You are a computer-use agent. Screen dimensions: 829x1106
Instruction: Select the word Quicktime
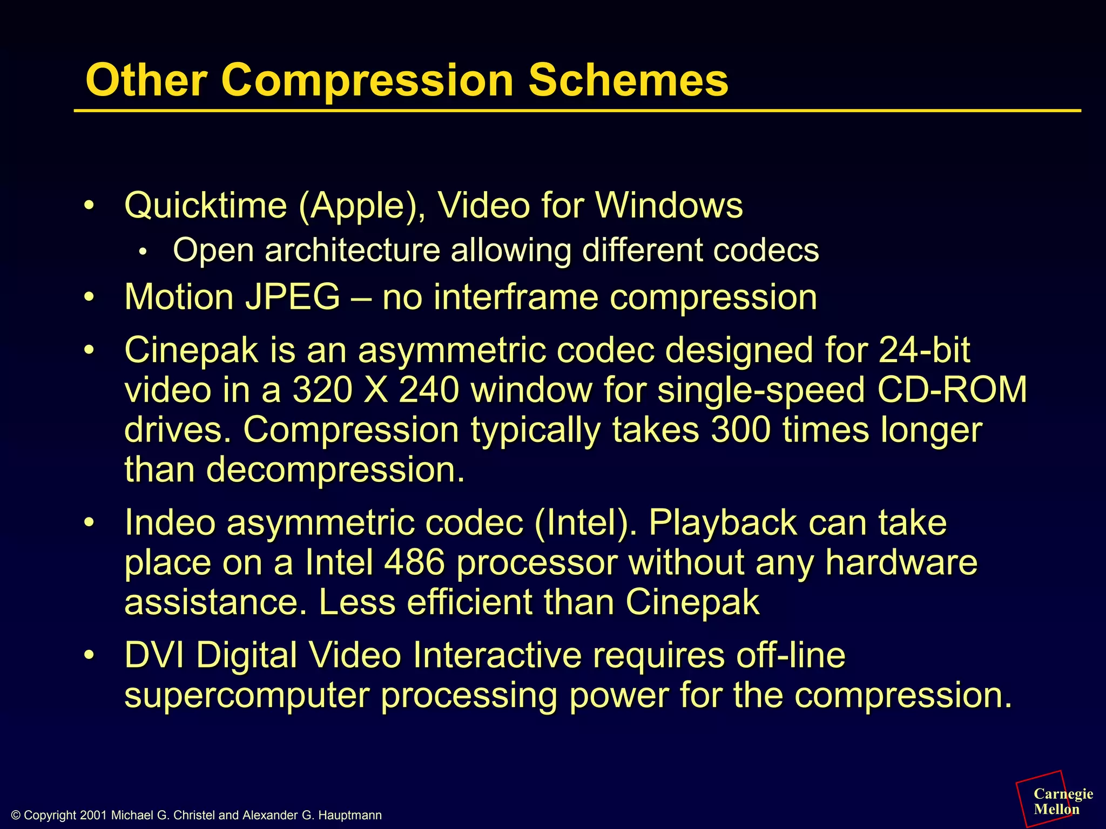[206, 206]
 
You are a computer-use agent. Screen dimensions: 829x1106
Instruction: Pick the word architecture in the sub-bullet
[352, 250]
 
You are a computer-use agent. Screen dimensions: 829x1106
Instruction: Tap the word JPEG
[293, 297]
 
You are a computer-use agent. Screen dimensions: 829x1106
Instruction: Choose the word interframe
[516, 297]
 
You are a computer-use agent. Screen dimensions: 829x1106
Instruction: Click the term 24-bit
[924, 350]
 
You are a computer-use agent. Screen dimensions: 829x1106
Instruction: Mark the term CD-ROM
[952, 390]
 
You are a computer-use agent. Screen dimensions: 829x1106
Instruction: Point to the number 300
[740, 430]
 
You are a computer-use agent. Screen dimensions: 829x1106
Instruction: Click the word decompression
[335, 470]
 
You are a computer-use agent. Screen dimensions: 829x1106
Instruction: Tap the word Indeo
[170, 522]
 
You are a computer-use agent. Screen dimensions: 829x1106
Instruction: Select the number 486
[414, 562]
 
